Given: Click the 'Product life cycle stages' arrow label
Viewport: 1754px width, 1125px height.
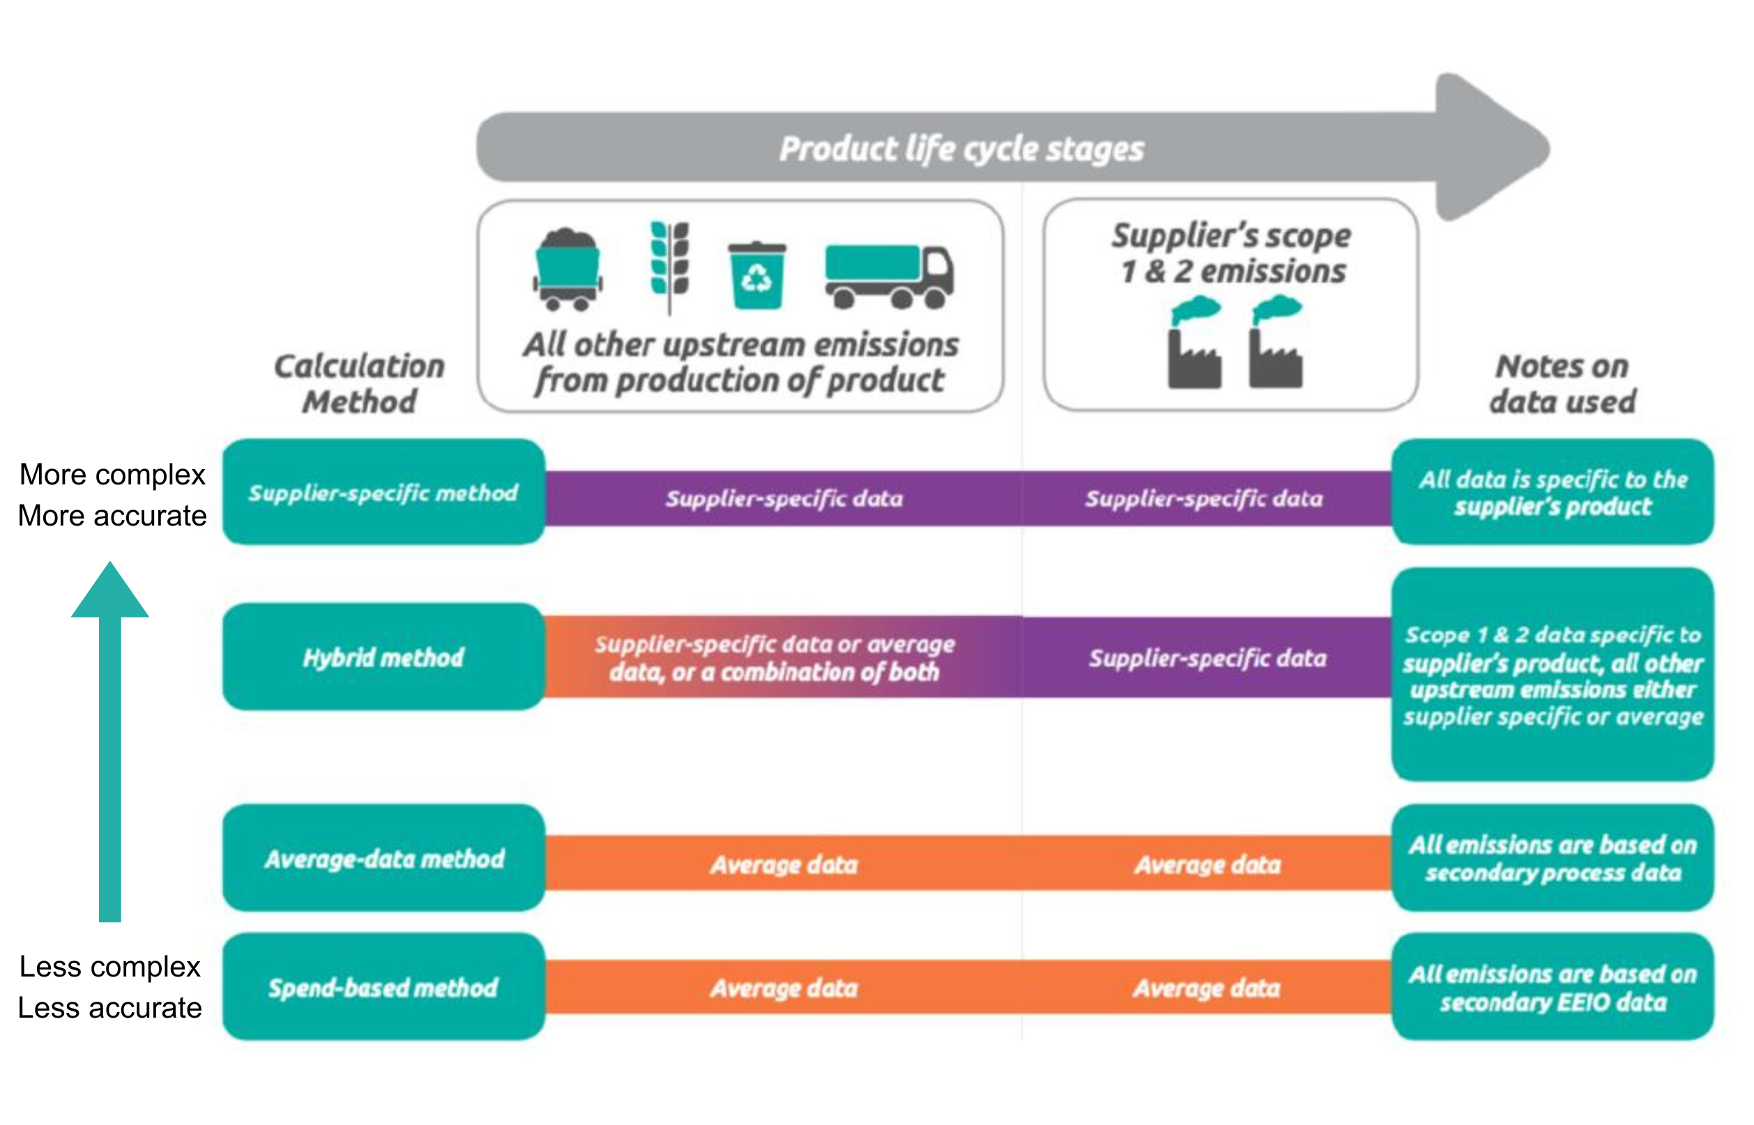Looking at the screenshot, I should click(x=961, y=149).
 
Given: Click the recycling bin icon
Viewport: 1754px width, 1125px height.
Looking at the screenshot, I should click(x=757, y=275).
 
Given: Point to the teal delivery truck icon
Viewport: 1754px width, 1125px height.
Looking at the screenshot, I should click(x=889, y=275).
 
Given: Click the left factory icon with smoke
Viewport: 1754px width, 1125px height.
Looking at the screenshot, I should click(x=1194, y=344).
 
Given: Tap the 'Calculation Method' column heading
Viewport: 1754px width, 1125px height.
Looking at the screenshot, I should click(x=360, y=383).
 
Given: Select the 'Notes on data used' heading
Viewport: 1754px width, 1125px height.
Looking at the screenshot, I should click(x=1562, y=383).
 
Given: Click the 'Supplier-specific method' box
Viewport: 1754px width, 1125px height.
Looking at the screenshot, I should click(x=383, y=492).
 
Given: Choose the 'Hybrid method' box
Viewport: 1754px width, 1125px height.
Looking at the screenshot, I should click(x=383, y=657).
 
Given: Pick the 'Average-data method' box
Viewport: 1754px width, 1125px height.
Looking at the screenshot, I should click(x=383, y=858).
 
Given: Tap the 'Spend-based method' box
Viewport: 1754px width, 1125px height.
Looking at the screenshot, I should click(x=383, y=987).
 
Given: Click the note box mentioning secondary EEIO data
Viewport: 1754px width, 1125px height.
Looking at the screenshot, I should click(x=1553, y=987).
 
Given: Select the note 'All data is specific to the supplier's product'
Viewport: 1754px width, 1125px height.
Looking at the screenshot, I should click(x=1553, y=492).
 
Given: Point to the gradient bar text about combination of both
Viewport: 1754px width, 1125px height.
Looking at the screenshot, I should click(x=775, y=657).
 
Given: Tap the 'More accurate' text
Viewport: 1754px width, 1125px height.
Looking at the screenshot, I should click(x=112, y=516).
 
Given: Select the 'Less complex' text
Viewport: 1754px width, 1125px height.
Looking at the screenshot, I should click(x=109, y=967).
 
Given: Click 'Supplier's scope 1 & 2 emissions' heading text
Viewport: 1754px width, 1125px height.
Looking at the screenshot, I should click(x=1231, y=253).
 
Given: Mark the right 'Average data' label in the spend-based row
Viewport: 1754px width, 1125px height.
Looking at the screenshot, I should click(x=1207, y=988).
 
